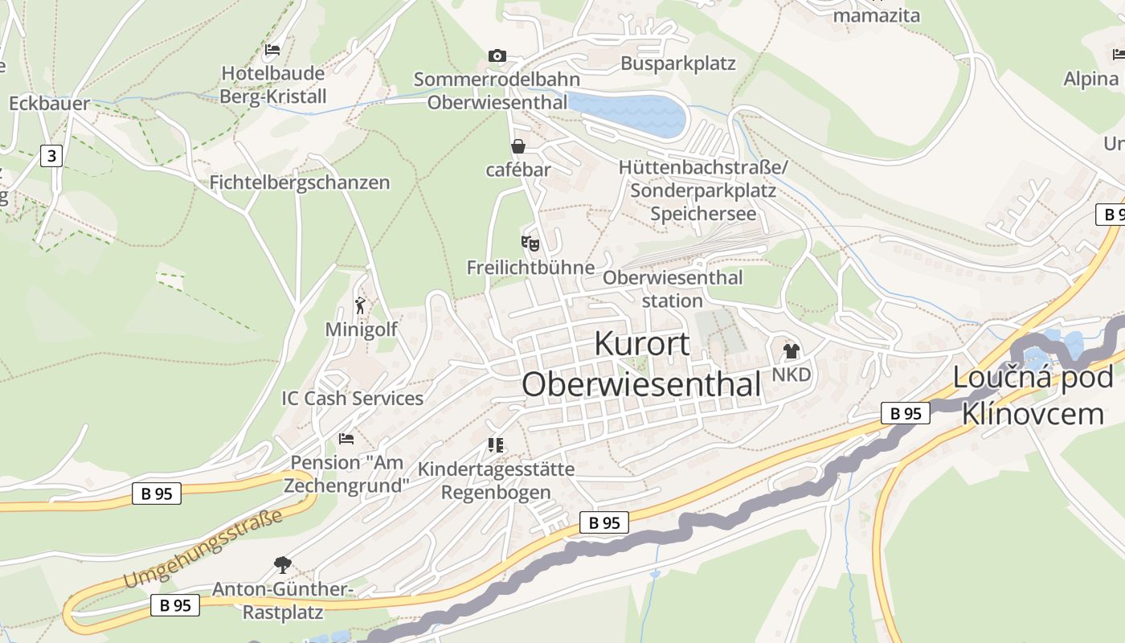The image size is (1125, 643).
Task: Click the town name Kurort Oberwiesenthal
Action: tap(641, 364)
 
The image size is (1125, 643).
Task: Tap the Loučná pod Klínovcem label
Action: tap(1033, 395)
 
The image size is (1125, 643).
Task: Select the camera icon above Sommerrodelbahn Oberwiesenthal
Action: tap(497, 55)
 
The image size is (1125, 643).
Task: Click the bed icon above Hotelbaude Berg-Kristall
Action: tap(272, 49)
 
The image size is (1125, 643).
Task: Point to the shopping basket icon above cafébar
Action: tap(518, 146)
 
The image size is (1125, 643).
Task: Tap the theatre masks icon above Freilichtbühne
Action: tap(530, 242)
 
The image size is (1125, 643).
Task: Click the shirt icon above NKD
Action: tap(792, 350)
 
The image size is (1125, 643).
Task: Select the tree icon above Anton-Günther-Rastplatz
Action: tap(282, 565)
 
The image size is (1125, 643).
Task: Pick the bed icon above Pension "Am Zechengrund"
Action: tap(346, 439)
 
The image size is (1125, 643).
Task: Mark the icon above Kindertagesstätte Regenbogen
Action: tap(496, 444)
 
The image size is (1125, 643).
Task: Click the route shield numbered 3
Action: tap(51, 155)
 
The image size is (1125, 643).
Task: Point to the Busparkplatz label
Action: tap(678, 63)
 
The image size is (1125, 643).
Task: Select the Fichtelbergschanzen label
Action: tap(299, 182)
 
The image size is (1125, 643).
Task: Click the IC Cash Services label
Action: tap(352, 399)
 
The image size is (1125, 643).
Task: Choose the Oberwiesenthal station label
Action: tap(673, 289)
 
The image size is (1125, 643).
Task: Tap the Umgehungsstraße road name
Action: tap(202, 549)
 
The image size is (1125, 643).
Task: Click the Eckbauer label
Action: tap(49, 104)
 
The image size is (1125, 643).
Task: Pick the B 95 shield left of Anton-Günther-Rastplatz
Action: tap(175, 605)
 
